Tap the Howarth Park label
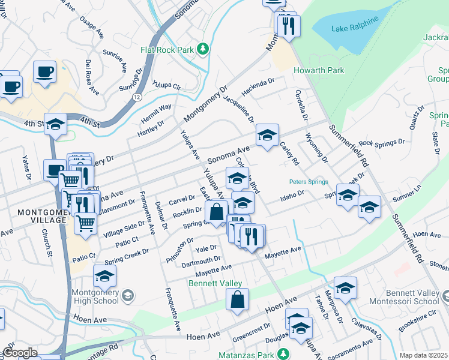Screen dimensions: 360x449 (x=319, y=70)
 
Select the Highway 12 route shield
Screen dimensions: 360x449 (x=138, y=96)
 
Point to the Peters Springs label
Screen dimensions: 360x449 (x=308, y=181)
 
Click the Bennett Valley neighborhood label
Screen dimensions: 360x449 (x=215, y=283)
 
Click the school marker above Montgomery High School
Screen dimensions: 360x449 (x=104, y=276)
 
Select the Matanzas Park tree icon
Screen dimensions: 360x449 (x=286, y=355)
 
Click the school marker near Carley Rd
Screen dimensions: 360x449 (x=267, y=135)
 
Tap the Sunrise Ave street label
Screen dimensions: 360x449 (x=116, y=59)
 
